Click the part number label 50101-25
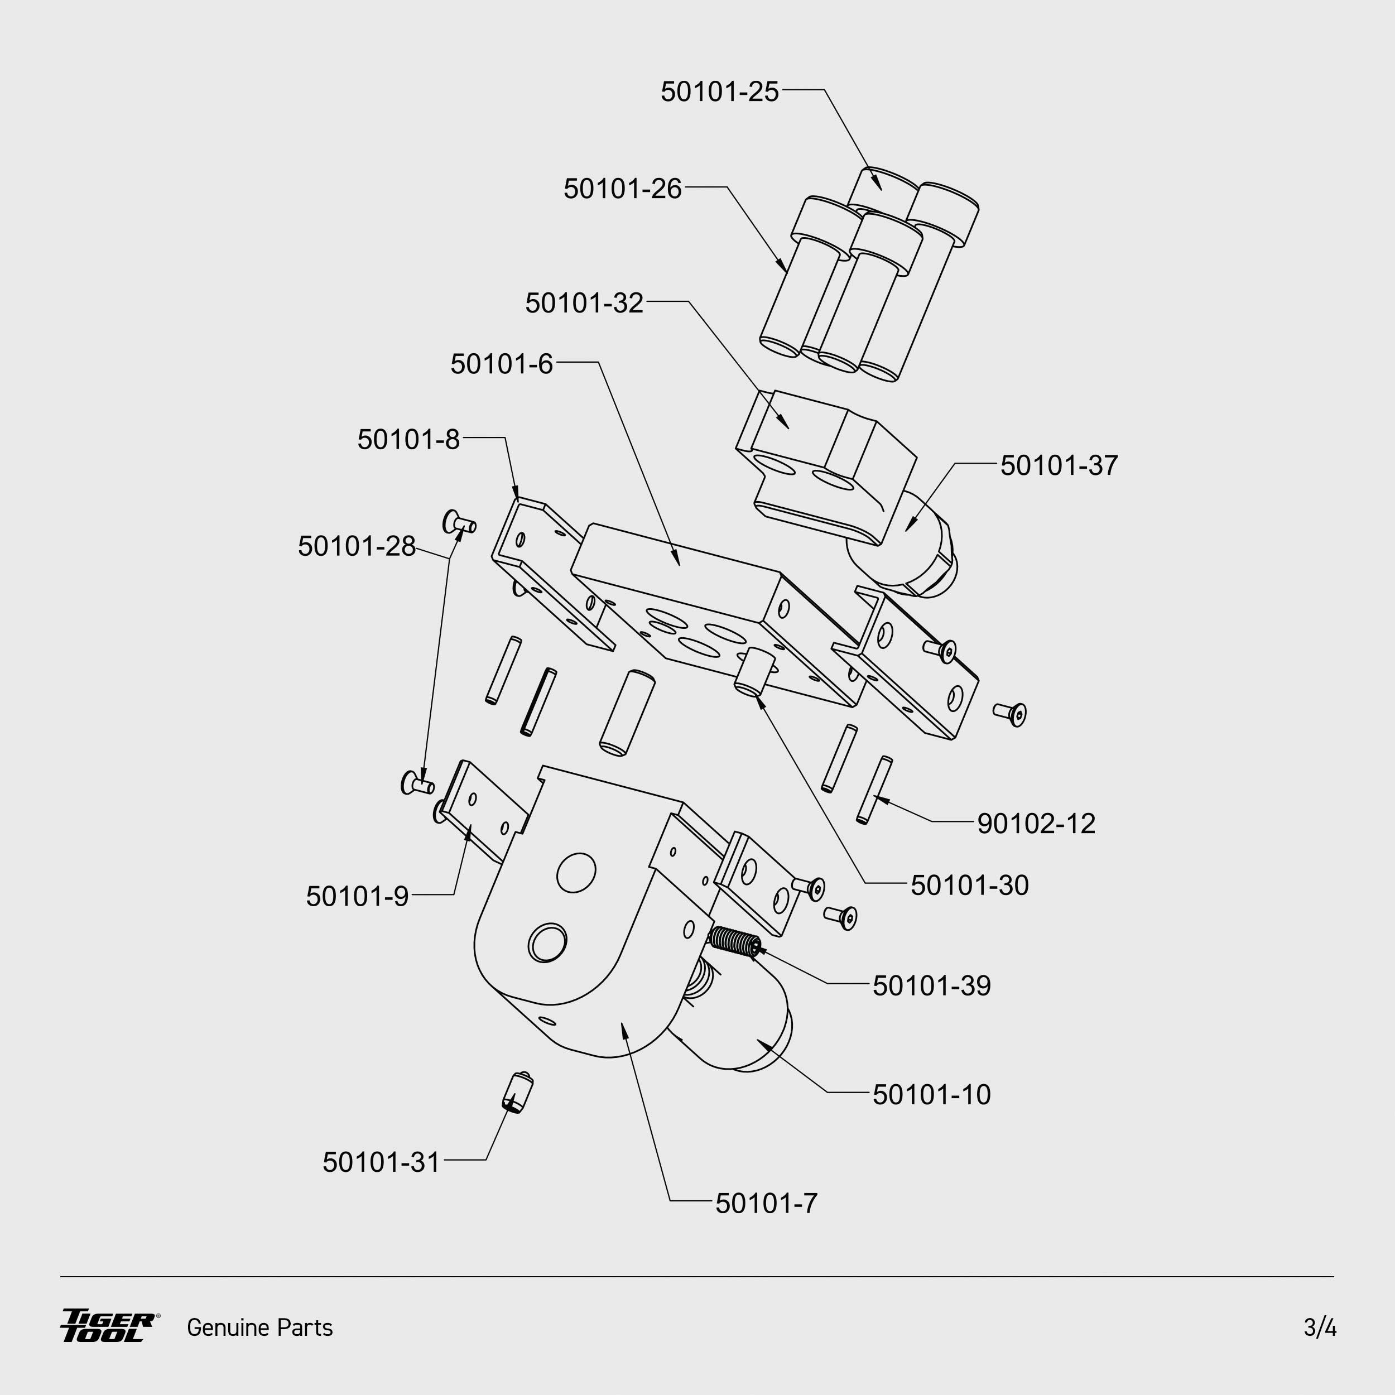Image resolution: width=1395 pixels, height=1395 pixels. point(719,92)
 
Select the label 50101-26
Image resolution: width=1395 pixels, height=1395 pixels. point(622,189)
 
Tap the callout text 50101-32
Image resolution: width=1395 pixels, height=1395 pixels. point(584,303)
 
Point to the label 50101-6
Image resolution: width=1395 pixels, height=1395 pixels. point(501,364)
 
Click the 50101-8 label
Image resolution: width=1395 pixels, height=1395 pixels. point(408,440)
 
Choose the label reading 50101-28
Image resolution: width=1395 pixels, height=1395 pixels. point(357,547)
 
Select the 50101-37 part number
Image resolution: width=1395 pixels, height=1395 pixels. point(1059,466)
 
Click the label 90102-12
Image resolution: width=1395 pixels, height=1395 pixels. point(1036,824)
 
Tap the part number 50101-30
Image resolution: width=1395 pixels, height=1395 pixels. point(969,885)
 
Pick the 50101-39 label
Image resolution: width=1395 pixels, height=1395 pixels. point(931,985)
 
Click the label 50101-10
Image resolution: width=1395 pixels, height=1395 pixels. point(931,1095)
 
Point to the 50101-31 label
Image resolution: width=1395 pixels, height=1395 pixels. point(381,1162)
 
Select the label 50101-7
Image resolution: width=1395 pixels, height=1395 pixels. point(766,1204)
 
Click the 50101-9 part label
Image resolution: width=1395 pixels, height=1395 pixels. point(358,897)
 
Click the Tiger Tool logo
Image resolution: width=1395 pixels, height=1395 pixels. point(108,1326)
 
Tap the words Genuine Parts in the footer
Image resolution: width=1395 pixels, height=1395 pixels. point(260,1328)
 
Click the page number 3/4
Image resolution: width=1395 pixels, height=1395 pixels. point(1320,1328)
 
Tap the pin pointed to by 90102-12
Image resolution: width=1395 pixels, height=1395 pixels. point(874,790)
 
